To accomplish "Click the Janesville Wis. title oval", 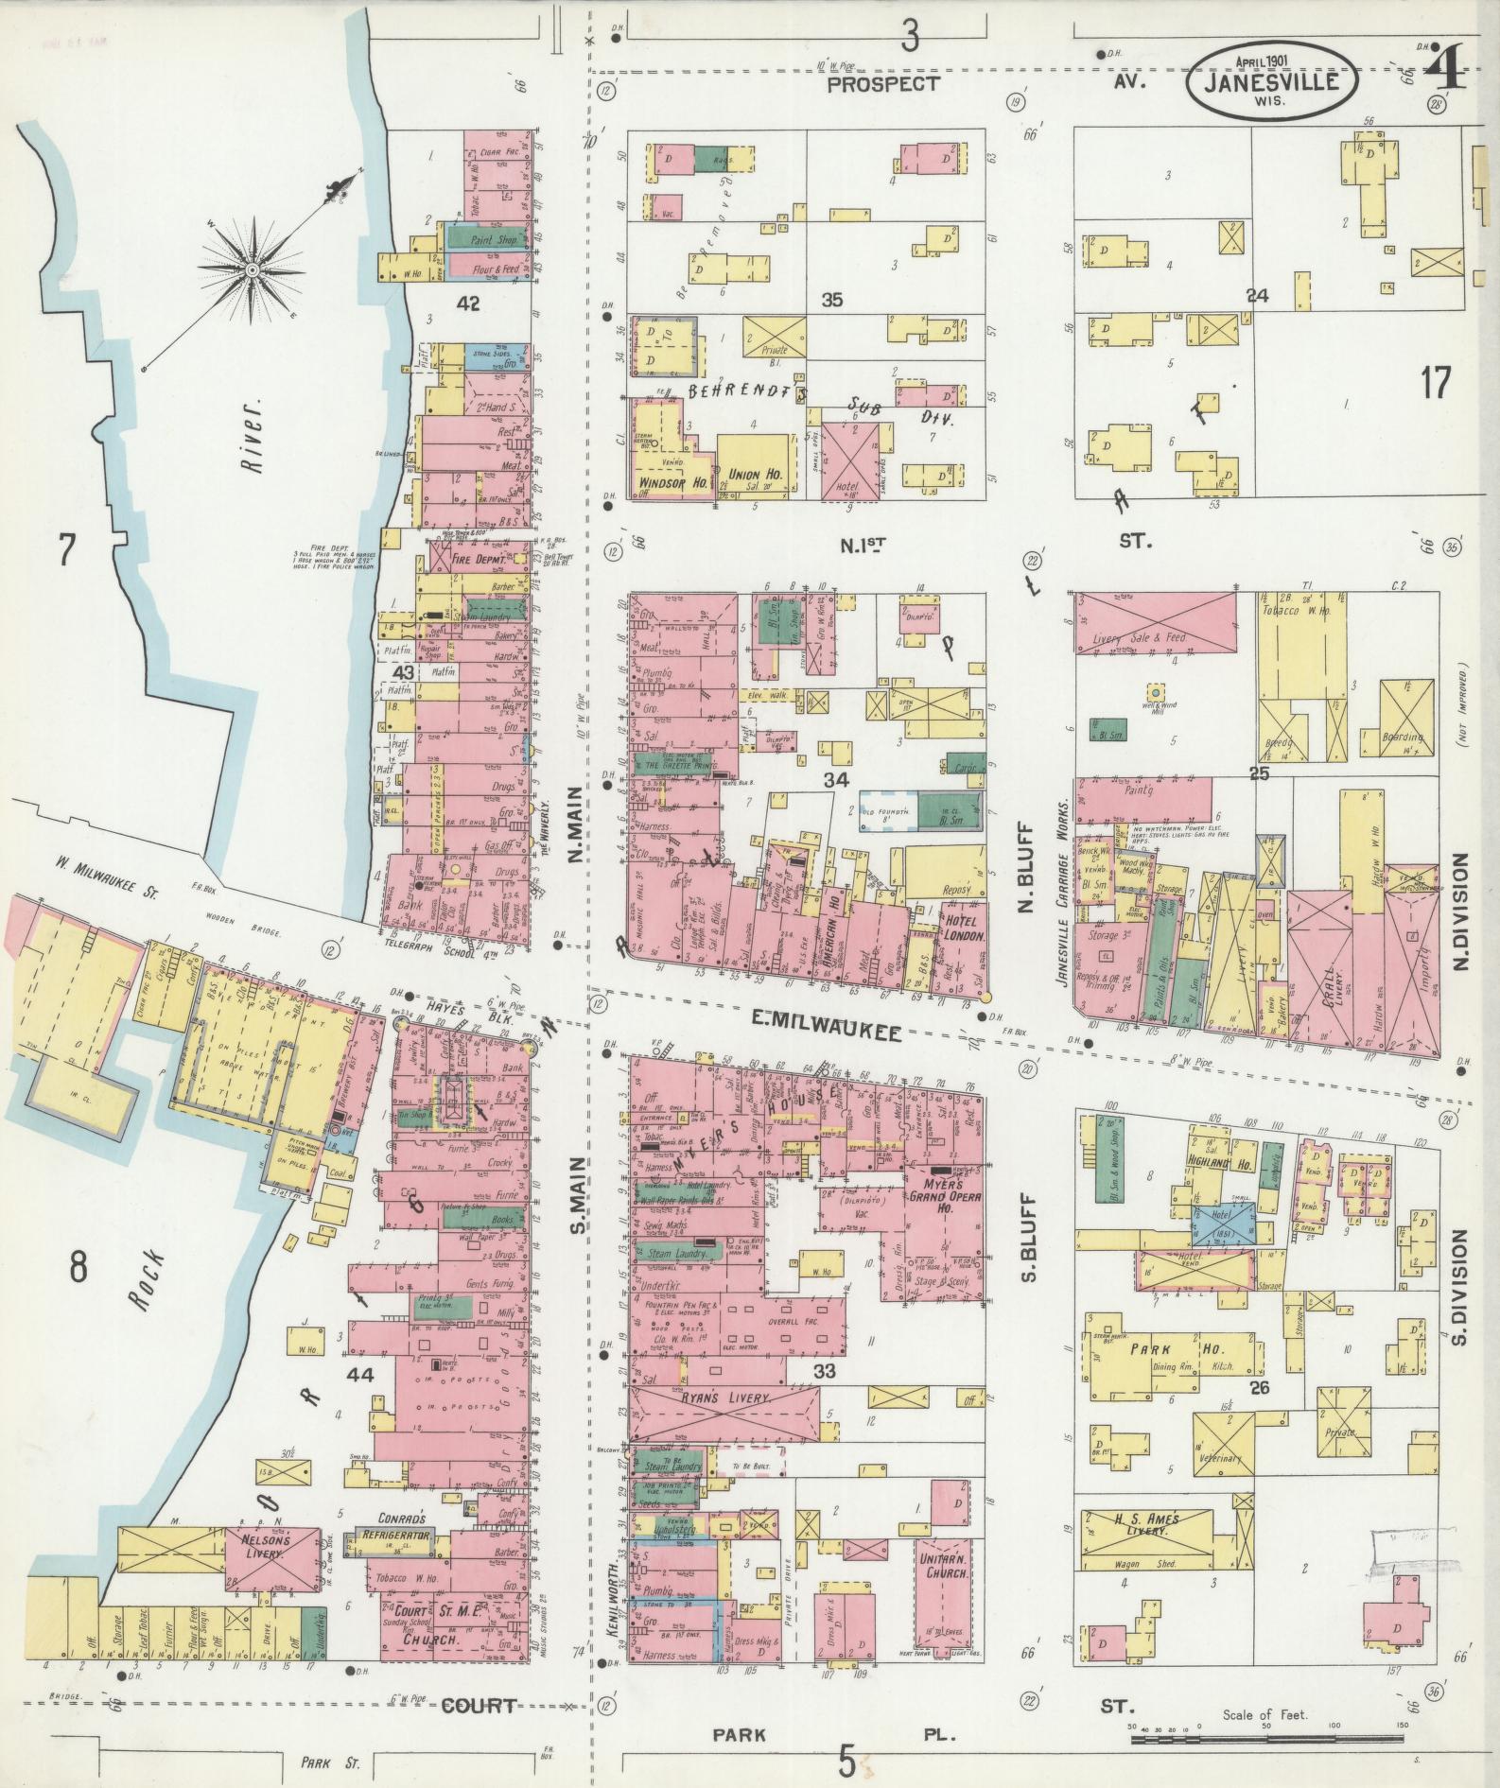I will point(1274,82).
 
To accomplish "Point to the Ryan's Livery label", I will point(726,1397).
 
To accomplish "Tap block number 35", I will point(832,301).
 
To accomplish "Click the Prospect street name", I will point(883,84).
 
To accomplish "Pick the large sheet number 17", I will point(1435,383).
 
